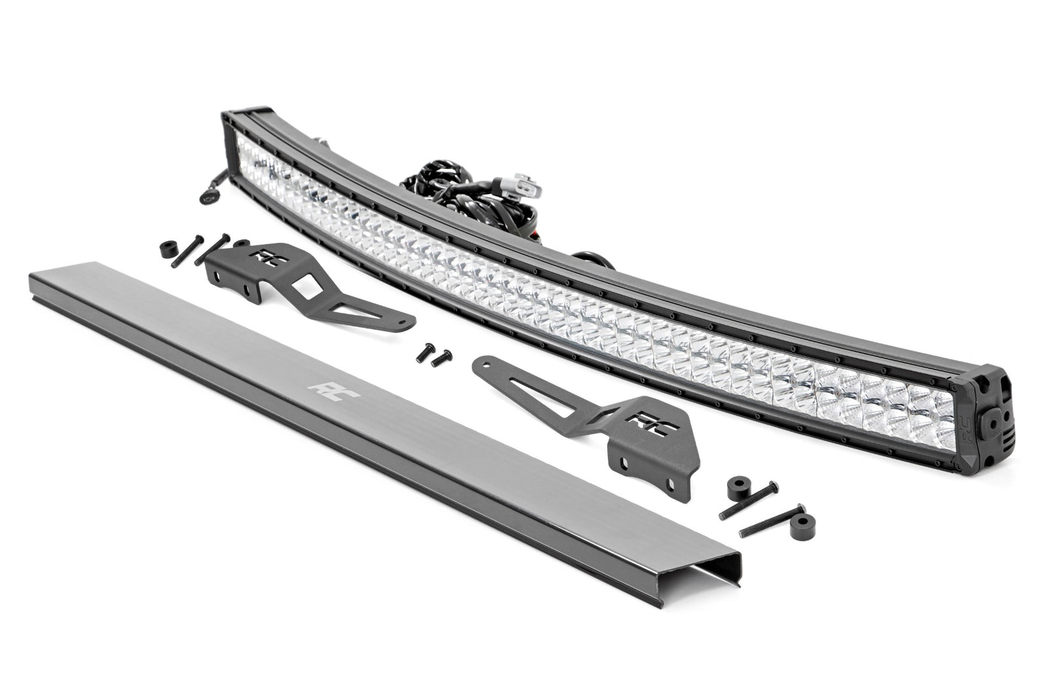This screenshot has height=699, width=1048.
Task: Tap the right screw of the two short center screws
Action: coord(443,356)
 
